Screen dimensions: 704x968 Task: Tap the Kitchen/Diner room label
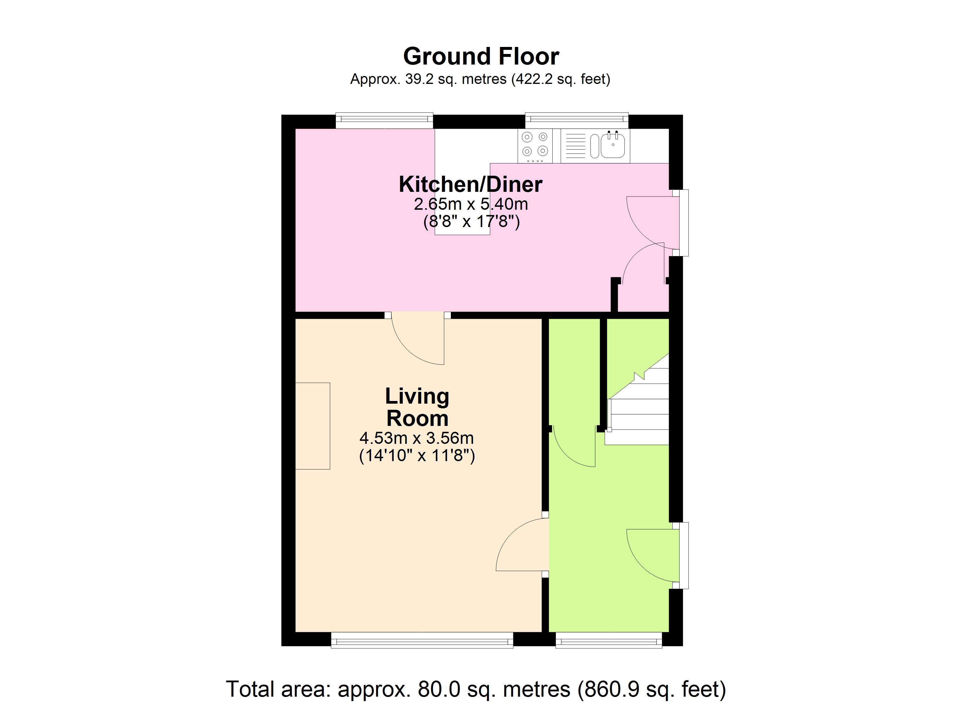(470, 185)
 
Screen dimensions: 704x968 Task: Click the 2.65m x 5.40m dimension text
(471, 204)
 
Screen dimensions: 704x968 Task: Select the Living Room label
(417, 407)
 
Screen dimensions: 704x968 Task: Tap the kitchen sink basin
(613, 145)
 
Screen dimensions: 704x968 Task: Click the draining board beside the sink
(575, 145)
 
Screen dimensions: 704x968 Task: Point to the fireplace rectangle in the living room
(312, 426)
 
